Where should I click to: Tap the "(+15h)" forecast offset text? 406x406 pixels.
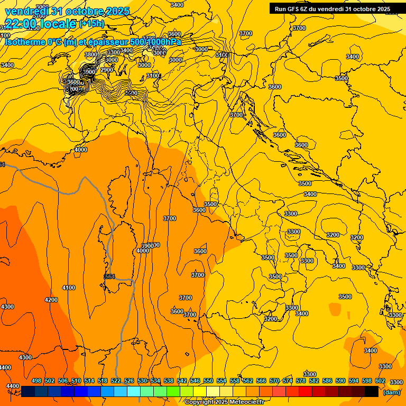pyautogui.click(x=92, y=24)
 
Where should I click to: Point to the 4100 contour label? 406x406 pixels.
pyautogui.click(x=69, y=288)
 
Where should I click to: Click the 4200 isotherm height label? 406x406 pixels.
pyautogui.click(x=51, y=300)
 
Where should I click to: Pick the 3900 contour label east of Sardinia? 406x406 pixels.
pyautogui.click(x=147, y=245)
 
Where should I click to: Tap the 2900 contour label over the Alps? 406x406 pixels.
pyautogui.click(x=107, y=70)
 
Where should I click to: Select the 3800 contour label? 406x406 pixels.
pyautogui.click(x=91, y=54)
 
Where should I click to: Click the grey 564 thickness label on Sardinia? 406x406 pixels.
pyautogui.click(x=109, y=276)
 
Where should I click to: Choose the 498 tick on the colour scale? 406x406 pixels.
pyautogui.click(x=36, y=381)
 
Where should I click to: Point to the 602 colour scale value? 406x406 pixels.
pyautogui.click(x=380, y=381)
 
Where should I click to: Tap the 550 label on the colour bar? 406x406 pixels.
pyautogui.click(x=208, y=381)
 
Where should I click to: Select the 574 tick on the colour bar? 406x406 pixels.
pyautogui.click(x=288, y=381)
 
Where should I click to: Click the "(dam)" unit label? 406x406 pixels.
pyautogui.click(x=392, y=392)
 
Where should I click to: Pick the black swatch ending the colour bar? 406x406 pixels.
pyautogui.click(x=372, y=391)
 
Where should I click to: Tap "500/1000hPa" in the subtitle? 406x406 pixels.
pyautogui.click(x=158, y=42)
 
